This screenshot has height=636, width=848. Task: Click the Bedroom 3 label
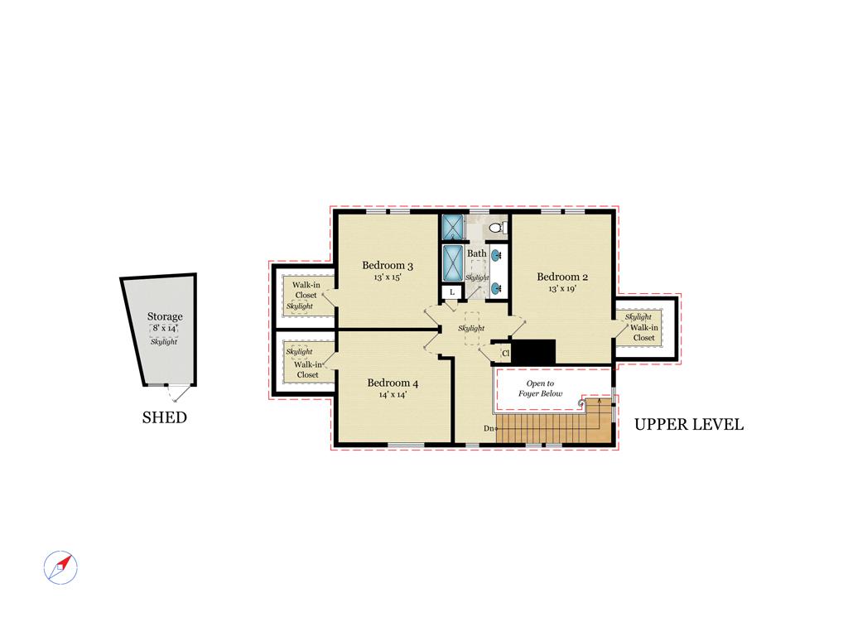click(x=388, y=265)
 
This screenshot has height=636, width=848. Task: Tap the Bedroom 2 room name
click(x=562, y=277)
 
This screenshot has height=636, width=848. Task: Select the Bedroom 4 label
click(x=393, y=383)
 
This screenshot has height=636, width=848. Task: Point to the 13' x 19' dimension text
click(x=562, y=289)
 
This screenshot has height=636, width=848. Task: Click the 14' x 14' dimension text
click(x=393, y=395)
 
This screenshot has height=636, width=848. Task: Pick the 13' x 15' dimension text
click(x=388, y=277)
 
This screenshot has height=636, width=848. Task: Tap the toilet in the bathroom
click(x=498, y=227)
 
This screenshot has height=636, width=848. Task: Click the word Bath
click(x=476, y=253)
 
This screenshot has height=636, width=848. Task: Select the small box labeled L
click(x=452, y=292)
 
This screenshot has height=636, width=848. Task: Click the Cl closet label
click(x=506, y=353)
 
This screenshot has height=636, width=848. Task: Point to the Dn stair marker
click(x=489, y=428)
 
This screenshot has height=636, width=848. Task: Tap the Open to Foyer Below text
click(x=540, y=388)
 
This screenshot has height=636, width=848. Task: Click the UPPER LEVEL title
click(x=688, y=425)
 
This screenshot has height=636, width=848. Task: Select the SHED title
click(x=165, y=417)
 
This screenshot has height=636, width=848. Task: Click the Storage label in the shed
click(x=165, y=316)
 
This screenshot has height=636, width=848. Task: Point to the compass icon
click(x=60, y=568)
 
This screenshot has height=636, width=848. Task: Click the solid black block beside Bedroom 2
click(x=533, y=351)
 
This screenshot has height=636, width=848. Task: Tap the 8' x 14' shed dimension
click(x=165, y=328)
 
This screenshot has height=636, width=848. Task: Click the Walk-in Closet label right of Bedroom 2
click(x=643, y=333)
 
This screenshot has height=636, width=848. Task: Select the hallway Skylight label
click(x=471, y=328)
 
